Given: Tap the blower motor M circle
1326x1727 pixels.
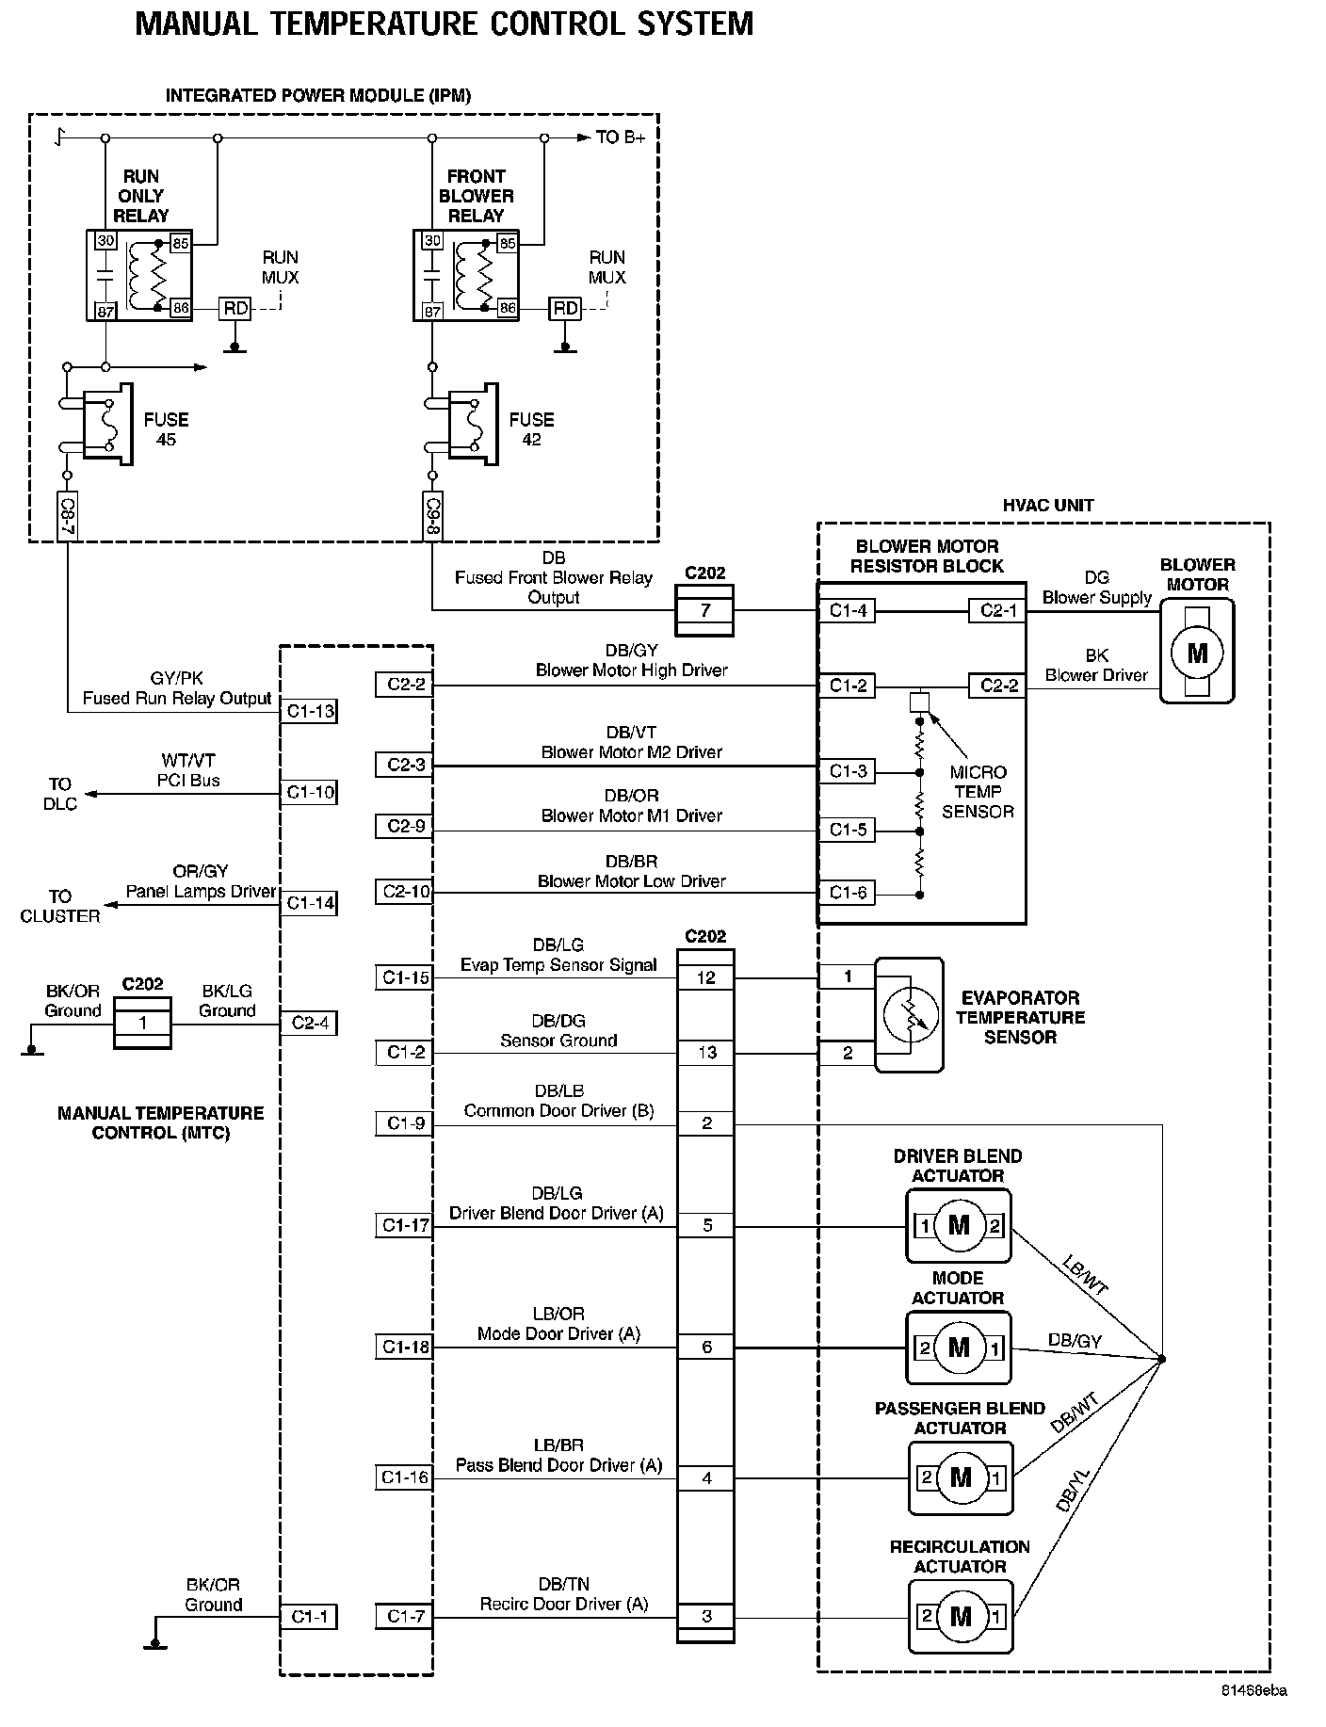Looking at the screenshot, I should pyautogui.click(x=1196, y=652).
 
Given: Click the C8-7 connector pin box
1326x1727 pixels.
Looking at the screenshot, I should pyautogui.click(x=67, y=515).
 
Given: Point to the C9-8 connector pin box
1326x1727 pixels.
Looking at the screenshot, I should pyautogui.click(x=432, y=515).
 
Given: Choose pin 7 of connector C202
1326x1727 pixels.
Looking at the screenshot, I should pyautogui.click(x=705, y=610).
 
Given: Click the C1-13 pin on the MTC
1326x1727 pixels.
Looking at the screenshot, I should pyautogui.click(x=309, y=711).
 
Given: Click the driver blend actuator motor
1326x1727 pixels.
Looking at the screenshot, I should pyautogui.click(x=959, y=1225).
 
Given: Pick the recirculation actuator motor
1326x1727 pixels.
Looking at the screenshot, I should pyautogui.click(x=961, y=1617).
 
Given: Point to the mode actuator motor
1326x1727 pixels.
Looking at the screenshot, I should pyautogui.click(x=959, y=1348).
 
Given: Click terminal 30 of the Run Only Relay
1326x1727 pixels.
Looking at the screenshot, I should pyautogui.click(x=105, y=241).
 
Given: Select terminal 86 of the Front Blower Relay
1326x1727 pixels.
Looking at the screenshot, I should pyautogui.click(x=507, y=308).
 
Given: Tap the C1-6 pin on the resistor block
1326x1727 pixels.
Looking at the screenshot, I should pyautogui.click(x=847, y=893).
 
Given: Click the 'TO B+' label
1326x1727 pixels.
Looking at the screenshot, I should pyautogui.click(x=621, y=137).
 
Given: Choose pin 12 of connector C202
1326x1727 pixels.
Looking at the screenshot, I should pyautogui.click(x=705, y=977).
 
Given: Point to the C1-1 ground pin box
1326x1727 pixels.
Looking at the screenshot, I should pyautogui.click(x=308, y=1617).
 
